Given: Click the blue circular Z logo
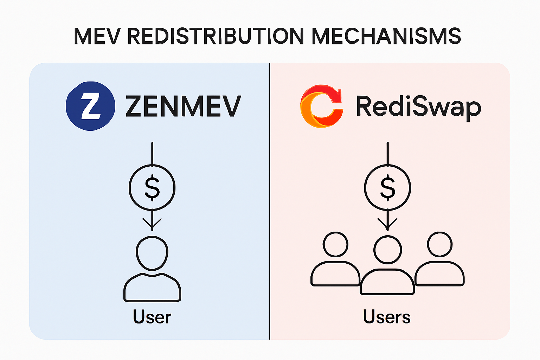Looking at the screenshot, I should coord(90,106).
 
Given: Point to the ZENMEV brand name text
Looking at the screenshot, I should coord(183,106).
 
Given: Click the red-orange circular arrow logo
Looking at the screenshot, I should coord(321,106).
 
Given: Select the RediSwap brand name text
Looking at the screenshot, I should coord(418,106).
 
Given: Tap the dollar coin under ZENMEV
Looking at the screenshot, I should coord(152,187).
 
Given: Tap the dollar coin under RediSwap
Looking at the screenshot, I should coord(387,187).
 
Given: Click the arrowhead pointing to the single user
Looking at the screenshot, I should coord(152,225).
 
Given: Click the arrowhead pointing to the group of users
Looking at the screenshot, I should coord(387,225).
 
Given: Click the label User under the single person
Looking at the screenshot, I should coord(152,317).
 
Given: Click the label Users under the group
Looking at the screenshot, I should coord(387,317).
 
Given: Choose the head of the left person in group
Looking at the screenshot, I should coord(335,244).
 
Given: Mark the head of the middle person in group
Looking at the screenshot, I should coord(387,250).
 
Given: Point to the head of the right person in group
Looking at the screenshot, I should coord(439,244).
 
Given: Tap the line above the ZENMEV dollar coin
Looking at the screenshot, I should coord(152,153).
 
